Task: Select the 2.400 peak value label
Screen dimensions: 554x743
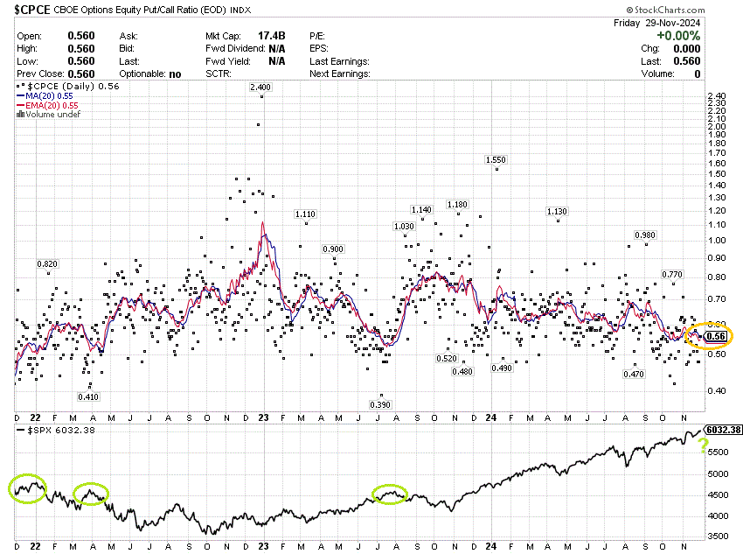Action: coord(260,88)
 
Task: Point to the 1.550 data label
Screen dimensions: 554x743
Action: coord(496,160)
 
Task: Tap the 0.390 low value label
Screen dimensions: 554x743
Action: coord(380,404)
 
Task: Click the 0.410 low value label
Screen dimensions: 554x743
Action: coord(88,396)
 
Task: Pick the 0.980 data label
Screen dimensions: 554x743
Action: coord(645,235)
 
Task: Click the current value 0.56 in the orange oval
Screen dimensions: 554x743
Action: coord(718,336)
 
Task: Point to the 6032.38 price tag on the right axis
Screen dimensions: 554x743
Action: coord(723,431)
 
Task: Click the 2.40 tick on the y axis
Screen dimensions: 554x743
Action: coord(715,96)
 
